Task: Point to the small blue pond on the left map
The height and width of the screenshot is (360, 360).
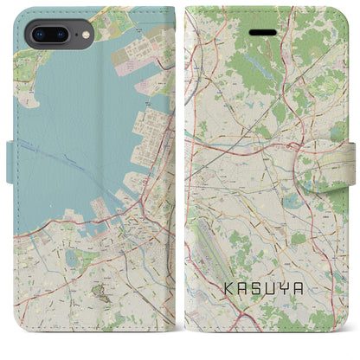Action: click(70, 258)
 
